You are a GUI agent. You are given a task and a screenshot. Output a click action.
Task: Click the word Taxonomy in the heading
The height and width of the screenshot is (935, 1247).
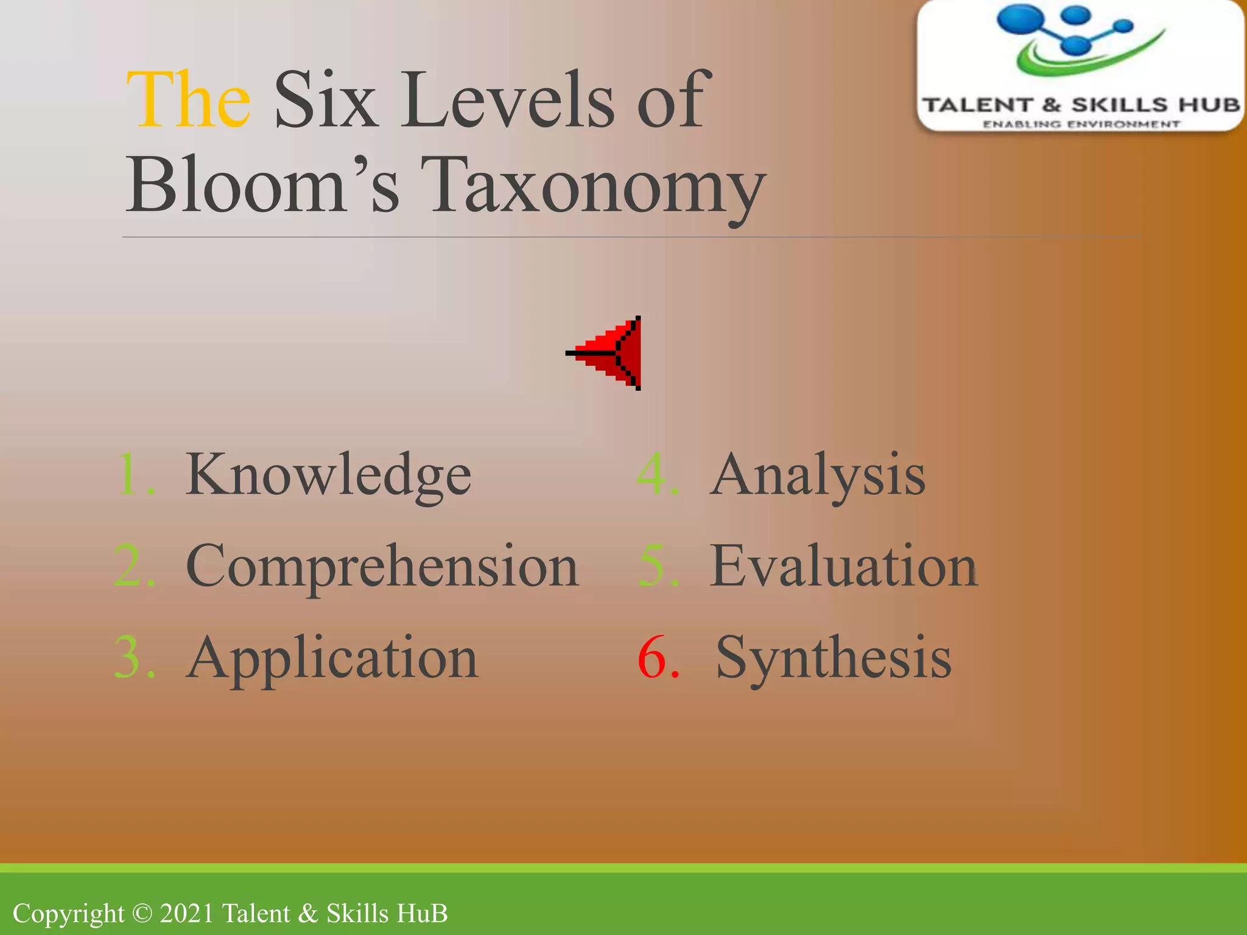click(594, 186)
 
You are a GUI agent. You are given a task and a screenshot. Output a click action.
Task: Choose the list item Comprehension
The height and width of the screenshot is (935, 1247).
click(382, 566)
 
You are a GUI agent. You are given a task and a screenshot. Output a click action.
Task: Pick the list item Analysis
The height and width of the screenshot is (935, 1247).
click(817, 475)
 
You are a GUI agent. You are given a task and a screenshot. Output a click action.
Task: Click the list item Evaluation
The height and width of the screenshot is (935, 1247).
click(843, 566)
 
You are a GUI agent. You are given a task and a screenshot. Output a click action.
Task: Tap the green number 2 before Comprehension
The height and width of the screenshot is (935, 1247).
click(129, 566)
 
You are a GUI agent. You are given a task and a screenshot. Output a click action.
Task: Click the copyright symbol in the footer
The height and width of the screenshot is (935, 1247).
click(142, 914)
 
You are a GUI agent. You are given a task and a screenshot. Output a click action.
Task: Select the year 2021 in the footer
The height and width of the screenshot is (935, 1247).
click(187, 914)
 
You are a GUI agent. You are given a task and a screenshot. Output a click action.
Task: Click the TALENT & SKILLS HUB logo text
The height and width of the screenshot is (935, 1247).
click(1081, 105)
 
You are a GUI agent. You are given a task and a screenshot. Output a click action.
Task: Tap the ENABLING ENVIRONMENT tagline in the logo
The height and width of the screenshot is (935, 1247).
click(1081, 124)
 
